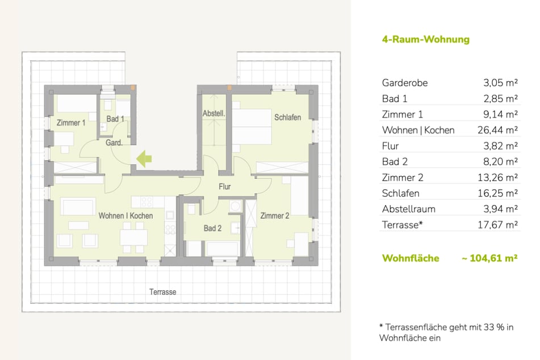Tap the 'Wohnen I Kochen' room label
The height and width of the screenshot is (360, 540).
125,216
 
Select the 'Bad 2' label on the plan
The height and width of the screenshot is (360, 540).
212,228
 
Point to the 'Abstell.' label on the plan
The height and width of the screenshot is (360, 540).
214,114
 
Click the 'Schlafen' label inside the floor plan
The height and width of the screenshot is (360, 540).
287,117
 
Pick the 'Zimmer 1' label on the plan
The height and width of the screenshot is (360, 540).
71,123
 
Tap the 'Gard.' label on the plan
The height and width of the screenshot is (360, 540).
114,143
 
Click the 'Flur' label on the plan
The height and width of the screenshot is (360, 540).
224,186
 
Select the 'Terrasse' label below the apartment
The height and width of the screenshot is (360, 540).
162,292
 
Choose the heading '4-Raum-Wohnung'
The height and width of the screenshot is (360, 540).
425,40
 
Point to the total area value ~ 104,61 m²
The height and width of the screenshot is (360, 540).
489,258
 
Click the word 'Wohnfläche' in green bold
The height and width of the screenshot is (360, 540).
411,258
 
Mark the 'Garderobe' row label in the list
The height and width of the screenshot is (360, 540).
404,83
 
